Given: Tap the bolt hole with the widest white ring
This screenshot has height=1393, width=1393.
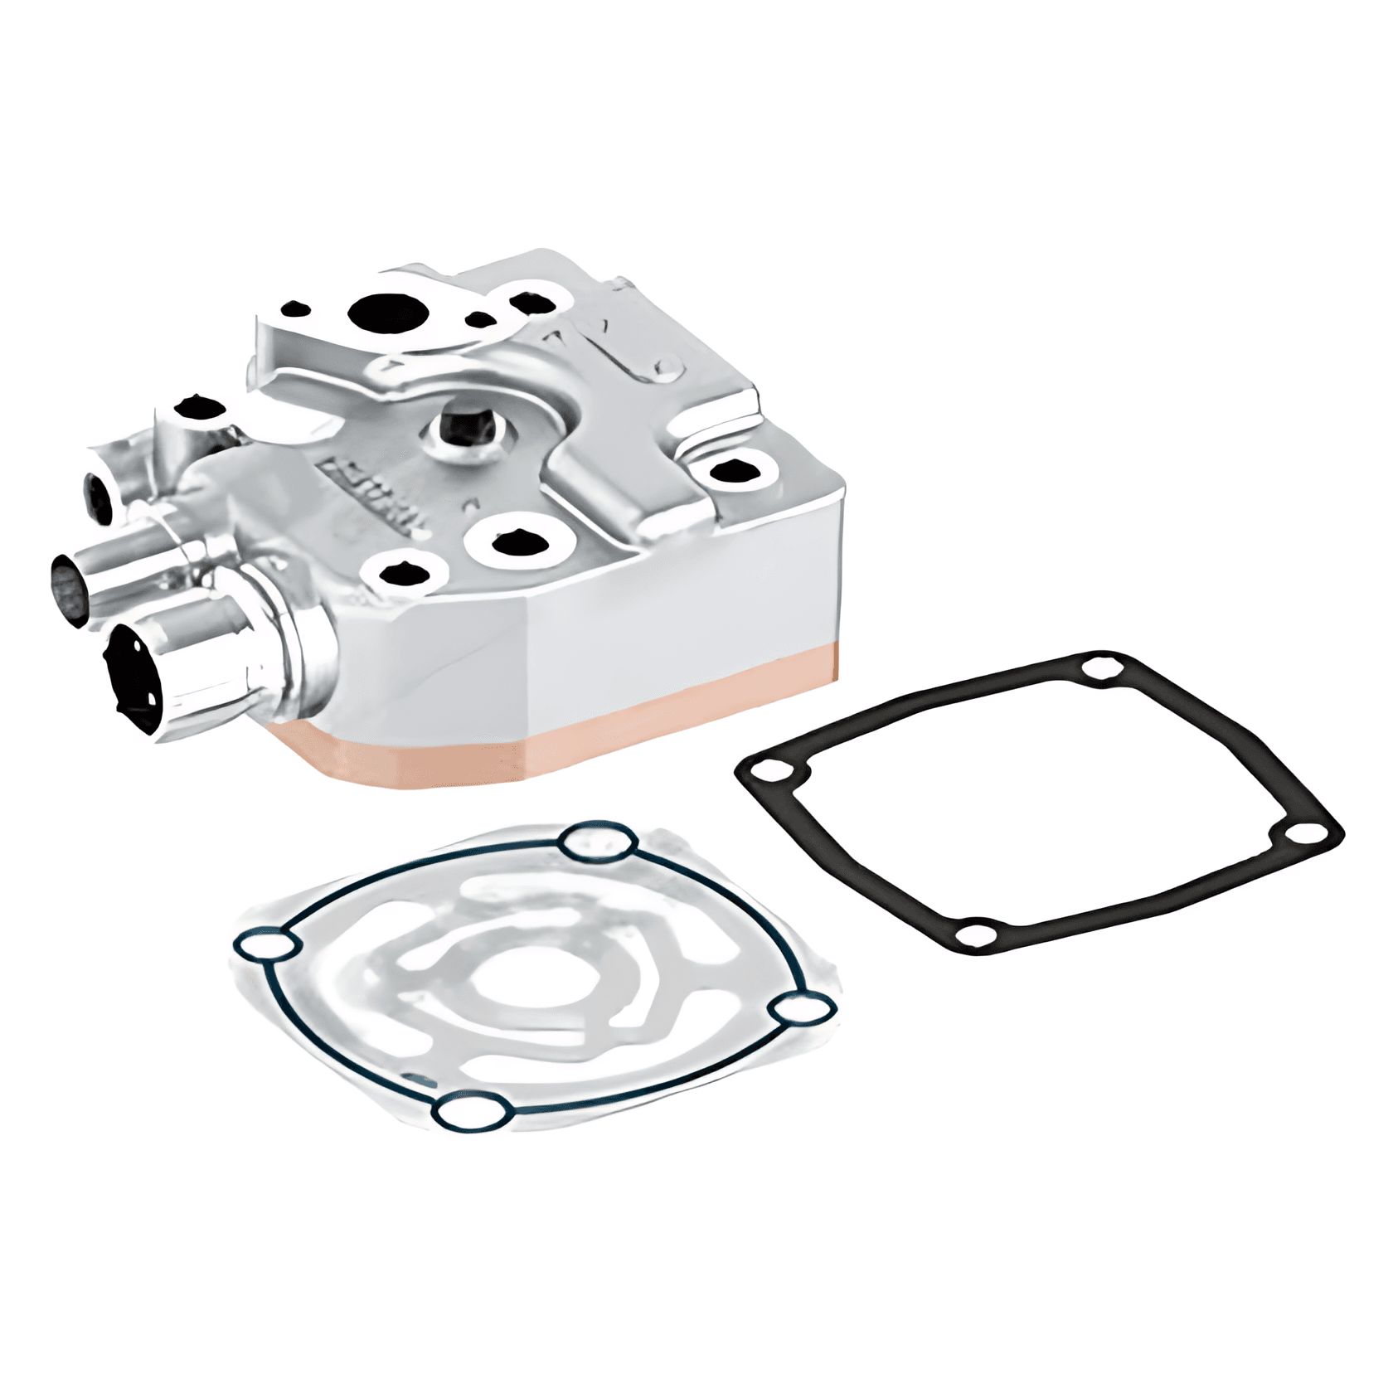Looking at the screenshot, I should coord(520,544).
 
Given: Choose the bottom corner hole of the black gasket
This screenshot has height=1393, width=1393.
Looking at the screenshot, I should coord(976,934).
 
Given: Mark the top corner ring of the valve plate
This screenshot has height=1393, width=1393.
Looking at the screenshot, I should coord(599,844).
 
